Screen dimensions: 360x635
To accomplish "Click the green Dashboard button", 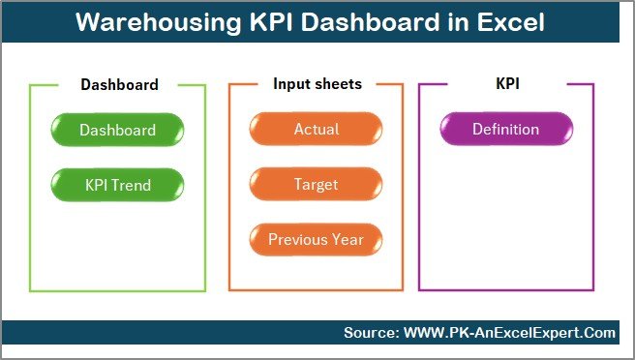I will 117,130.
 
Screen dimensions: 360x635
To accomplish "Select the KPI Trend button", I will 117,184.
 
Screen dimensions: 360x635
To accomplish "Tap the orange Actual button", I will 317,130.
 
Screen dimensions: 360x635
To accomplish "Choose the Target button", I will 317,184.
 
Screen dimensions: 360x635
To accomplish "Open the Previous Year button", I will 317,239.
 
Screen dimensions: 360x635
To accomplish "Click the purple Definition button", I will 505,130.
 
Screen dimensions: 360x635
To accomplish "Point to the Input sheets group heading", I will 317,84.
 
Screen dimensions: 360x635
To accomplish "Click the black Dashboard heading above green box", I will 119,84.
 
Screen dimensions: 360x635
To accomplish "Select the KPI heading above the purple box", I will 507,84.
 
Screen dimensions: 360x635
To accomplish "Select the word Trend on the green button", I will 133,184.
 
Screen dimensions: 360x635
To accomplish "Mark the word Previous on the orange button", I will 298,239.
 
